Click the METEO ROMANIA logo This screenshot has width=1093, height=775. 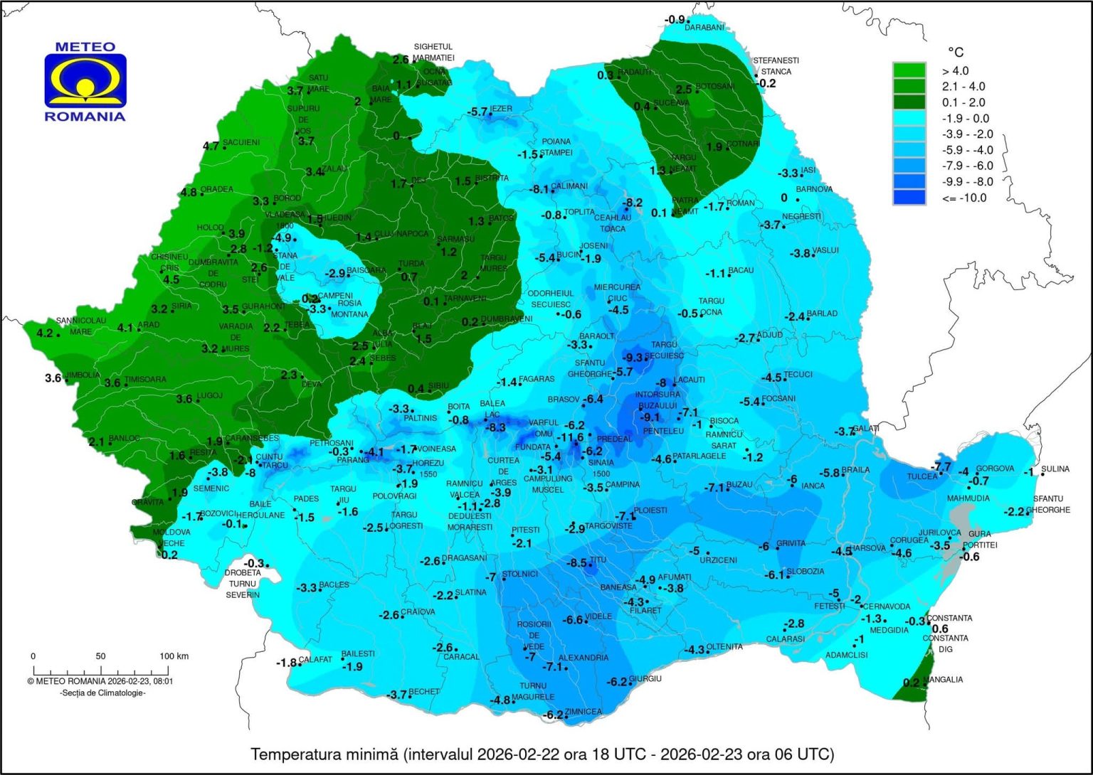[x=85, y=82]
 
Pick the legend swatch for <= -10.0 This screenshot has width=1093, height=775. [x=909, y=198]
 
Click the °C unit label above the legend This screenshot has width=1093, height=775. [x=956, y=53]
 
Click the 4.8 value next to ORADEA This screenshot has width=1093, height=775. [x=189, y=192]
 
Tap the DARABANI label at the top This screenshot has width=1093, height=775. [x=704, y=28]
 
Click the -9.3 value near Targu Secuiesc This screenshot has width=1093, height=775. [x=633, y=357]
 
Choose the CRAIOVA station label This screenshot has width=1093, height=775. [x=418, y=611]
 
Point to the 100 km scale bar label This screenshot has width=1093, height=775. [x=174, y=656]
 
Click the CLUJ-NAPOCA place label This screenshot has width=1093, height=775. [x=403, y=234]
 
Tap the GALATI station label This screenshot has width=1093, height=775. [x=867, y=429]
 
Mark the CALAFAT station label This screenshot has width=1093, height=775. [x=315, y=660]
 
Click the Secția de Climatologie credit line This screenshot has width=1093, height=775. [x=102, y=693]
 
